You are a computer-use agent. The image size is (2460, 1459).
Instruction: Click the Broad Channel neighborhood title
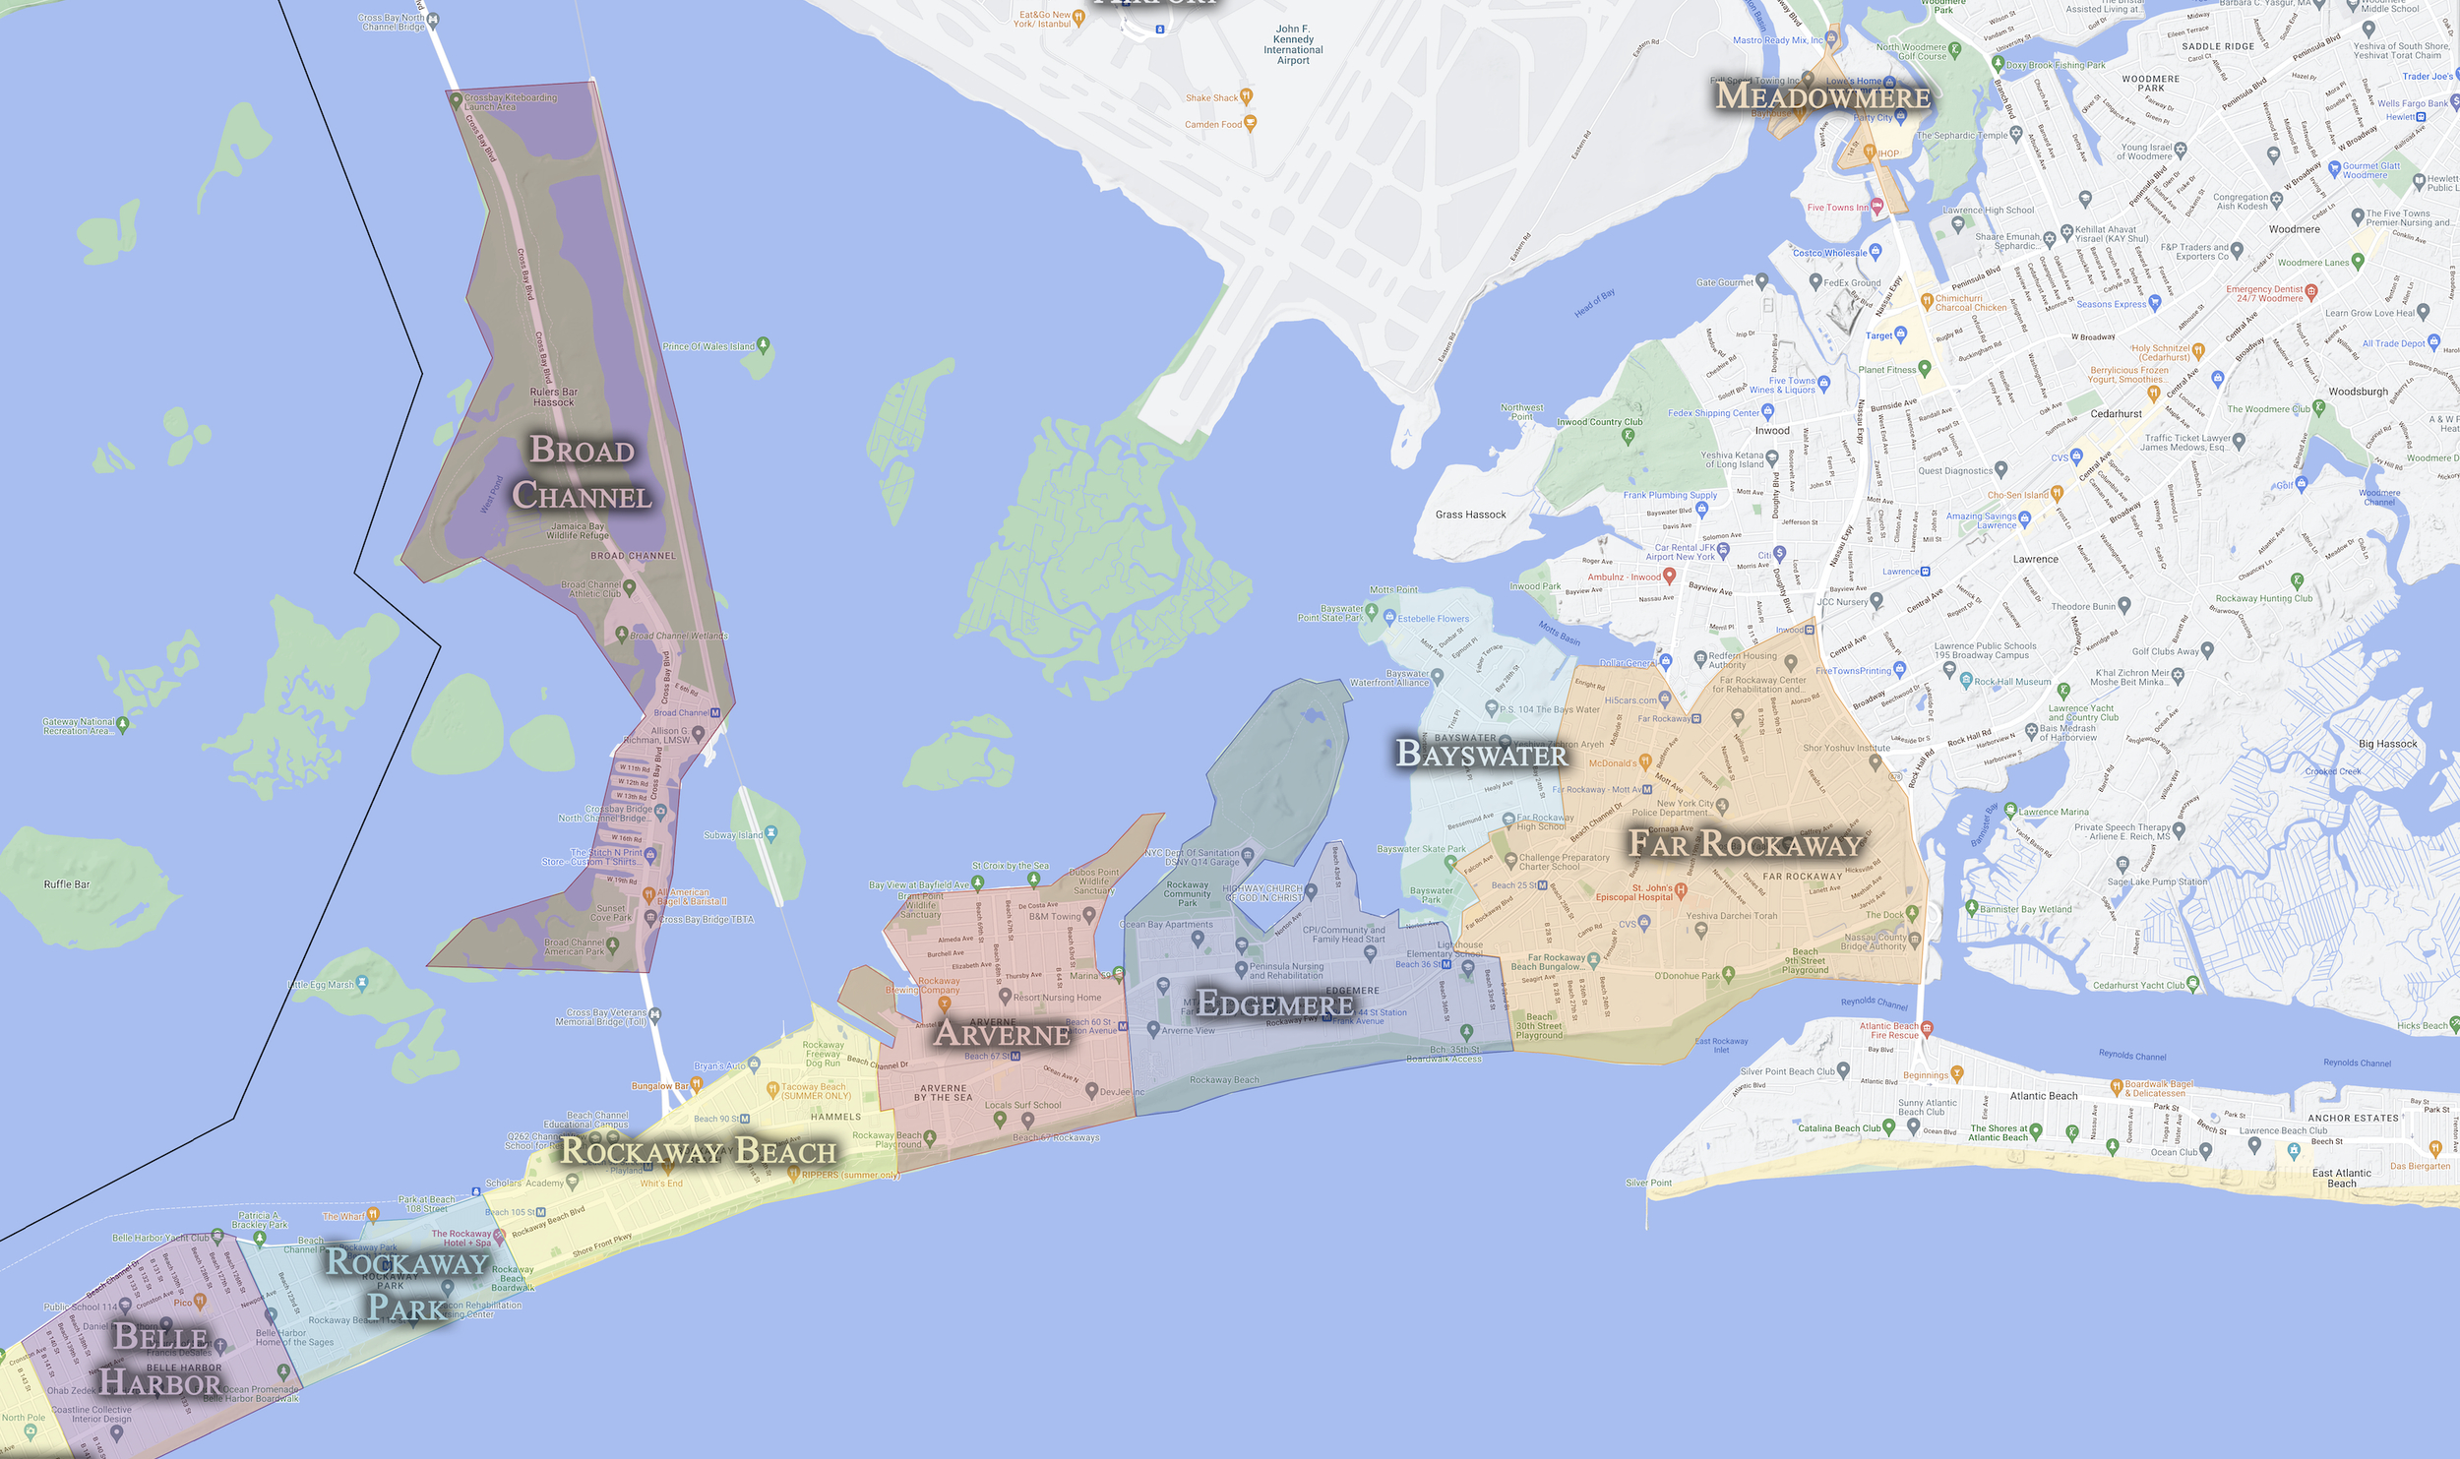583,473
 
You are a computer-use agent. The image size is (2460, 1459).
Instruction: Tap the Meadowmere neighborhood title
1822,96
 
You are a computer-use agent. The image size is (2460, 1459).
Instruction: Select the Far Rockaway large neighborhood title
1745,843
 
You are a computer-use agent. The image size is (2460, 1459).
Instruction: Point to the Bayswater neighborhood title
1481,754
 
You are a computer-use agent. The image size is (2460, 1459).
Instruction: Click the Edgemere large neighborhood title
1274,1003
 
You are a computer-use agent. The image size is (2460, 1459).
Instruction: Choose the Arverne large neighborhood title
1001,1033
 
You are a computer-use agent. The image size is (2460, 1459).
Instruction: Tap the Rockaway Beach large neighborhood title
698,1150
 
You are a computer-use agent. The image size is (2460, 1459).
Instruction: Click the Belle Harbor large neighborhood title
160,1360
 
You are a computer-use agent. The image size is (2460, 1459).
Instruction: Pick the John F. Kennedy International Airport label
1293,44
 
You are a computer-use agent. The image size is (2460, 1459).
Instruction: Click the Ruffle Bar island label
67,884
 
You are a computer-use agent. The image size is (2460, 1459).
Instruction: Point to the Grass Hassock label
1470,515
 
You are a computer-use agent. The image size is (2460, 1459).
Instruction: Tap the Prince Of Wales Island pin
764,345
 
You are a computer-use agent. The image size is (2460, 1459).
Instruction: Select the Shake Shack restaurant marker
1247,96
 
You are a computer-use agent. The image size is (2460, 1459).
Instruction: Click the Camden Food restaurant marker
1251,123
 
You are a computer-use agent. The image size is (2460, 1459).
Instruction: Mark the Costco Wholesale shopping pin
1876,252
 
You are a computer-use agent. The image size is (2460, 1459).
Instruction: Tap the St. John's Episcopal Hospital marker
1681,890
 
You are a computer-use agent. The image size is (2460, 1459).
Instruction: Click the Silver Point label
1649,1183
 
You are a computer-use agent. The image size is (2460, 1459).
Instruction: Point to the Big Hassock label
2387,744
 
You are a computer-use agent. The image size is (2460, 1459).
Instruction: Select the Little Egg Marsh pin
363,982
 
